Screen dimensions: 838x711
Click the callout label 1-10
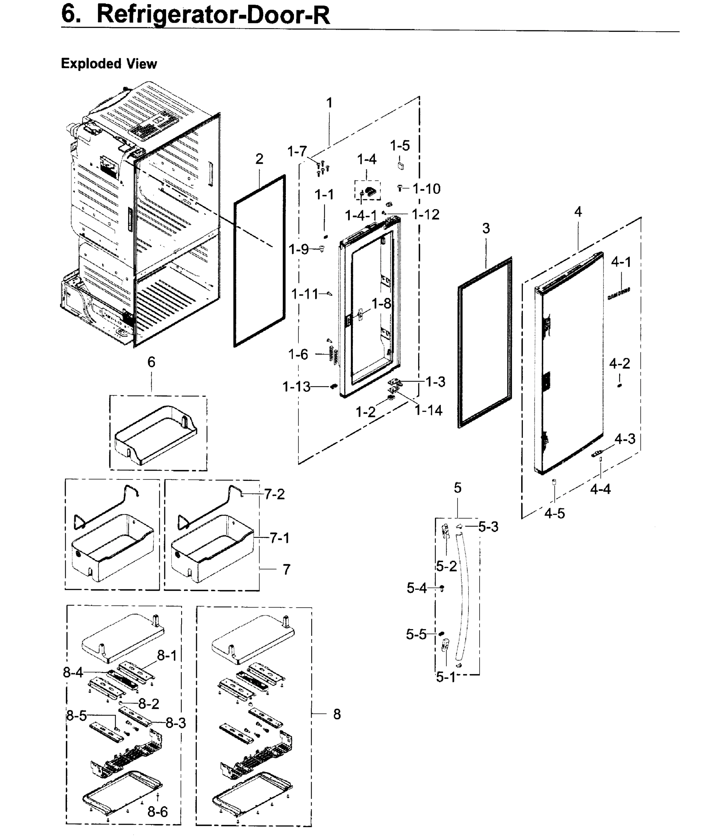pos(427,189)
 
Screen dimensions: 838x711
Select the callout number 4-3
pos(625,439)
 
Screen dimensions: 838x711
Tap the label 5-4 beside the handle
pos(416,588)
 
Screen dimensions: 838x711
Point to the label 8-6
pos(158,812)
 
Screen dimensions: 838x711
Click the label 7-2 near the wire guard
pos(274,494)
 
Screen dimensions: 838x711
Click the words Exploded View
pos(109,64)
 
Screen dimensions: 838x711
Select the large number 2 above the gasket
pos(259,159)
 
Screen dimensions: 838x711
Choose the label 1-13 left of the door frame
pos(296,387)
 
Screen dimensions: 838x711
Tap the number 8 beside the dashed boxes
pos(337,715)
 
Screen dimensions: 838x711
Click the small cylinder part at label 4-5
pos(554,482)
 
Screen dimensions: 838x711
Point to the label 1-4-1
pos(361,216)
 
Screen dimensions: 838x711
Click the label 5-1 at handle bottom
pos(446,677)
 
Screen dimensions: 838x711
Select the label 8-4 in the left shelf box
pos(73,672)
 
